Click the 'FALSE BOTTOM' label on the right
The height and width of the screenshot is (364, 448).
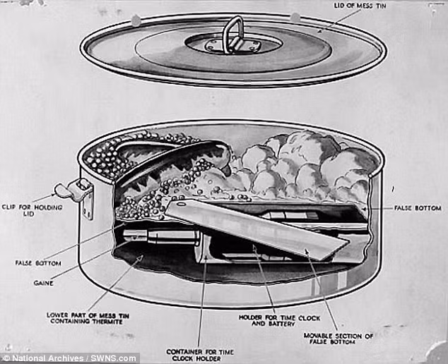pyautogui.click(x=418, y=208)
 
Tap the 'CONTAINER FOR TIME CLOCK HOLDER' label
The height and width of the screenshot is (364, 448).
pyautogui.click(x=199, y=354)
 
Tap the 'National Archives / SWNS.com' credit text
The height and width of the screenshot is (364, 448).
pyautogui.click(x=69, y=358)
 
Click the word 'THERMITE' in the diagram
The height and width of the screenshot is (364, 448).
pyautogui.click(x=107, y=322)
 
